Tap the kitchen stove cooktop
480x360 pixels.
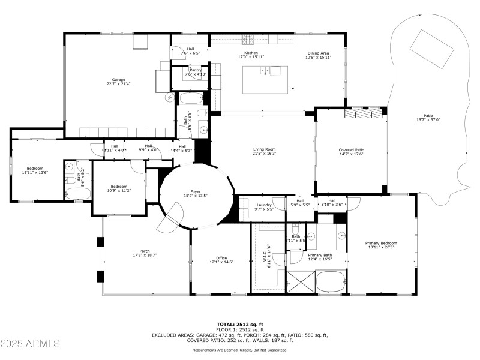point(249,40)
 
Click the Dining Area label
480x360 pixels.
point(317,53)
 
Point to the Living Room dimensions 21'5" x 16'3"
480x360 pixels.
point(264,154)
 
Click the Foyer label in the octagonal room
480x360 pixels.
point(196,191)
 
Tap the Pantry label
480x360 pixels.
point(196,70)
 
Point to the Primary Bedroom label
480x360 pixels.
point(381,243)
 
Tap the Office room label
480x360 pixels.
point(217,257)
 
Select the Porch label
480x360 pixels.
point(145,251)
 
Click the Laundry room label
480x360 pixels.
point(264,205)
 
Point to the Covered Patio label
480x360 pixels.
point(351,149)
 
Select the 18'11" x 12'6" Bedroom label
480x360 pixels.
point(35,168)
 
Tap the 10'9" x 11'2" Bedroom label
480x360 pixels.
point(118,186)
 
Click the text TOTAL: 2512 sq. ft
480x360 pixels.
point(240,325)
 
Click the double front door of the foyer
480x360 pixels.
point(169,217)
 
